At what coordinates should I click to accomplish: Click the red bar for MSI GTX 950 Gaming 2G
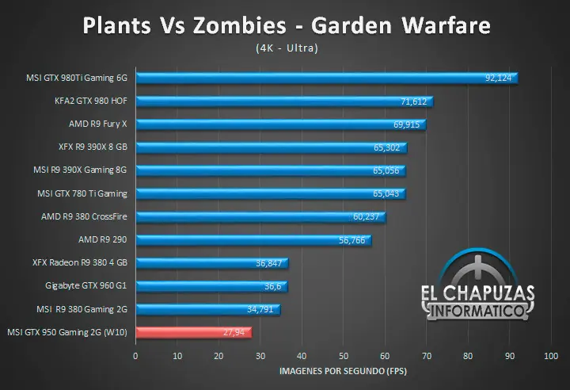coord(194,332)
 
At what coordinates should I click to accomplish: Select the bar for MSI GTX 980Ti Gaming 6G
coord(326,78)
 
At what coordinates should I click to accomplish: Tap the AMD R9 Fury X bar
coord(280,124)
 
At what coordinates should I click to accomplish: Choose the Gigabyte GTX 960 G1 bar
coord(211,286)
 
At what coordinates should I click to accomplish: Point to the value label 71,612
coord(414,101)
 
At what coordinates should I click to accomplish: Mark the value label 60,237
coord(367,216)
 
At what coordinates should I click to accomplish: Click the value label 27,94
coord(237,333)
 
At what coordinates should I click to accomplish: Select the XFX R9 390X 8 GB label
coord(93,147)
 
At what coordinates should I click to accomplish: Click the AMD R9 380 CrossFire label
coord(89,216)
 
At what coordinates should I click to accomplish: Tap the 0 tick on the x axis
coord(136,356)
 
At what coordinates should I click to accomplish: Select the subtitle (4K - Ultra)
coord(286,48)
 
